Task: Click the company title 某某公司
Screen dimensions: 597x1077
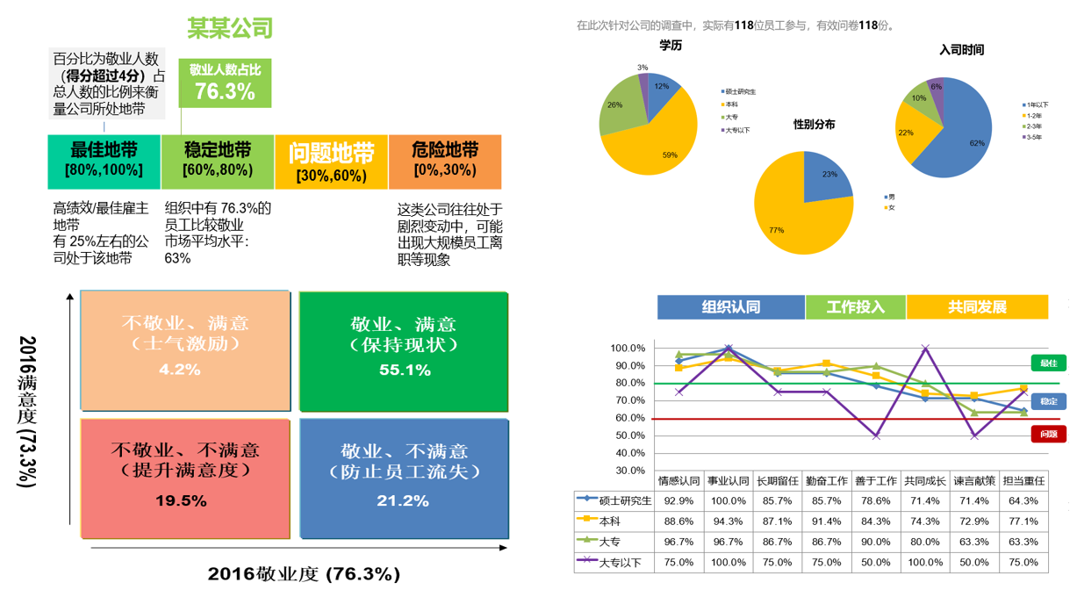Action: [x=230, y=28]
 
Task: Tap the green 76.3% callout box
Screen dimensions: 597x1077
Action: [x=225, y=83]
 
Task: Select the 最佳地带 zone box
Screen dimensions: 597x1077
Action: [x=104, y=162]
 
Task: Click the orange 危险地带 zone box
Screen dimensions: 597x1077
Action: [x=445, y=162]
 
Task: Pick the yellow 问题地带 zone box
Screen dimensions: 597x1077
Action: [x=331, y=162]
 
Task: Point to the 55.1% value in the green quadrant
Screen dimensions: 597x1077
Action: [x=405, y=370]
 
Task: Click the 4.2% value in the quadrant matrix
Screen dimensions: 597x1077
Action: [x=180, y=370]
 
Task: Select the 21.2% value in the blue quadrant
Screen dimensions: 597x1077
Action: [x=405, y=500]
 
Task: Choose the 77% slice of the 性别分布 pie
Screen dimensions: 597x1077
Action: [x=790, y=211]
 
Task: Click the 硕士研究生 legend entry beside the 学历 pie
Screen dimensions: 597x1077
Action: [x=740, y=91]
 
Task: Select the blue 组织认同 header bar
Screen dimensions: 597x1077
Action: [x=730, y=307]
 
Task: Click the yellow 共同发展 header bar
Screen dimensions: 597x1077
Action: [x=977, y=307]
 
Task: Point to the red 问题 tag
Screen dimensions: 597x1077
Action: [x=1048, y=434]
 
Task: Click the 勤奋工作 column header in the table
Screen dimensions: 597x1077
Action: [x=827, y=481]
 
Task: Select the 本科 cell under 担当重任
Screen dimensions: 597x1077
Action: [x=1023, y=521]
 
